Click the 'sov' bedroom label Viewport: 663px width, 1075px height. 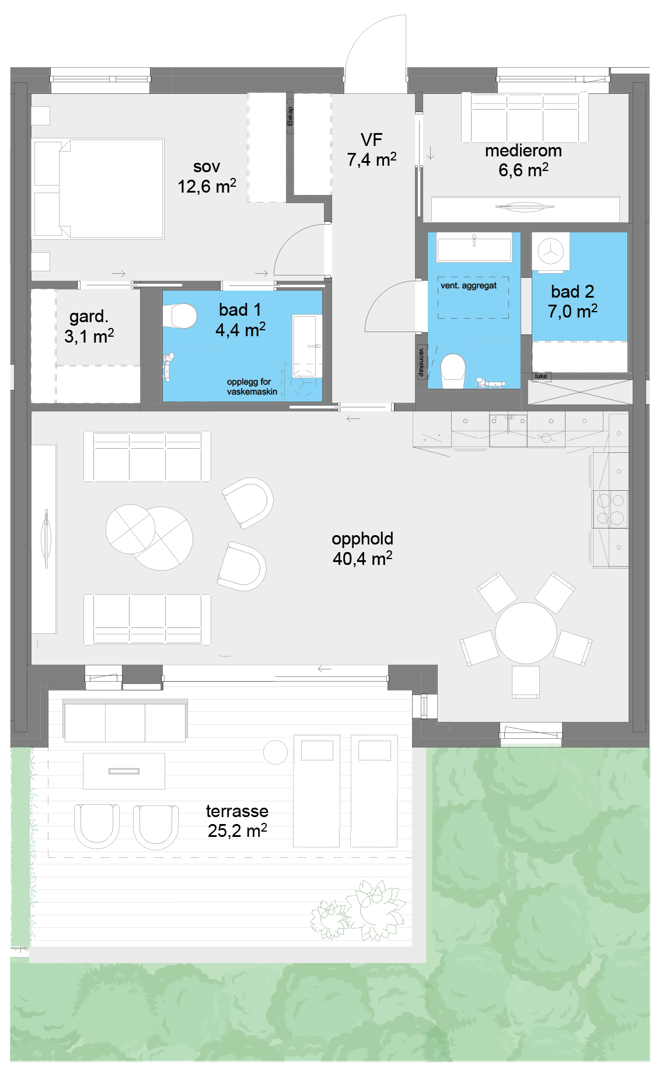pyautogui.click(x=207, y=167)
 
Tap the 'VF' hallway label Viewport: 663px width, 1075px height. pyautogui.click(x=372, y=140)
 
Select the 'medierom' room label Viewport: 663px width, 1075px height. pyautogui.click(x=524, y=151)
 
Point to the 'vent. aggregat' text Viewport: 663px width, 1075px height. pyautogui.click(x=469, y=285)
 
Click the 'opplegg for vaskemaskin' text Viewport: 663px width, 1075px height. pyautogui.click(x=252, y=386)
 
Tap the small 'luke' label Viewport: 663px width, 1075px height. pyautogui.click(x=541, y=376)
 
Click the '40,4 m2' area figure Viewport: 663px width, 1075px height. pyautogui.click(x=362, y=558)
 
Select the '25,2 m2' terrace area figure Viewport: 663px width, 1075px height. pyautogui.click(x=237, y=830)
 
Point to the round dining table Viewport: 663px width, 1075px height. pyautogui.click(x=526, y=633)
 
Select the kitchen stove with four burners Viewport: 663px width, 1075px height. pyautogui.click(x=610, y=509)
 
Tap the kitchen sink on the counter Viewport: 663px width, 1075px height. pyautogui.click(x=508, y=430)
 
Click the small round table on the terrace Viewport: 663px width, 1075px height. pyautogui.click(x=275, y=752)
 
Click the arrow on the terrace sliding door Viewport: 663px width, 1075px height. pyautogui.click(x=324, y=669)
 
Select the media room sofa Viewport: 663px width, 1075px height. pyautogui.click(x=525, y=117)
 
